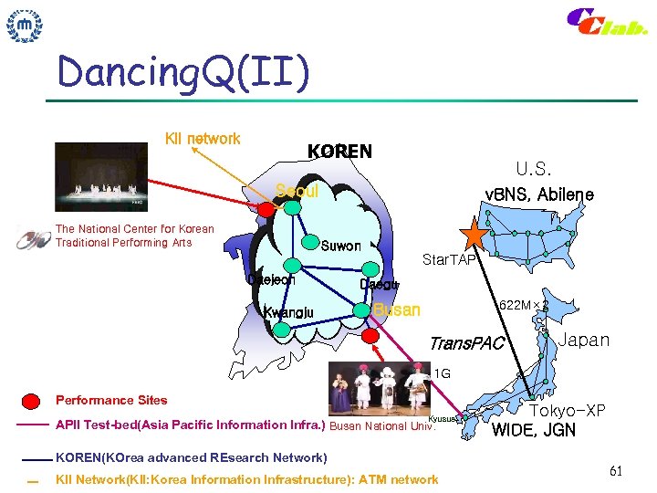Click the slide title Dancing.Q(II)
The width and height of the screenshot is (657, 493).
pos(182,72)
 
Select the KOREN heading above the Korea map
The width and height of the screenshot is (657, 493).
pos(339,152)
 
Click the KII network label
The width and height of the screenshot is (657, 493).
pos(202,139)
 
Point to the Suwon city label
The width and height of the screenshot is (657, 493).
pos(340,246)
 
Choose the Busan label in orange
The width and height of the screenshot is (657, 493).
pos(397,309)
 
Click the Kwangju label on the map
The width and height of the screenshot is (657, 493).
pos(288,313)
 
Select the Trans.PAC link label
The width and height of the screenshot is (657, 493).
pos(466,343)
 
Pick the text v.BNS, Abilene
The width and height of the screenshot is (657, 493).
pos(538,194)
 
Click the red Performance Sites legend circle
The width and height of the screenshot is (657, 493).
pos(31,401)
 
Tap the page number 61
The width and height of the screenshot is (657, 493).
pos(616,471)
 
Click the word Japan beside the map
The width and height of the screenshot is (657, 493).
pos(583,340)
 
